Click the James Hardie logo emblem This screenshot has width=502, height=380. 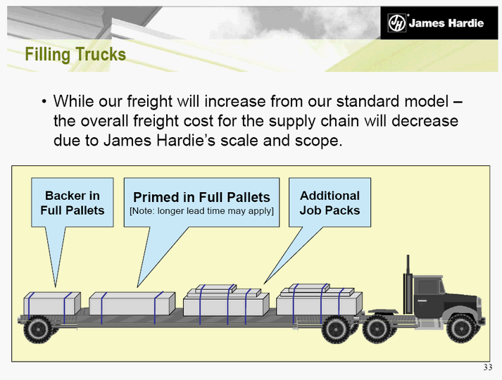pyautogui.click(x=396, y=23)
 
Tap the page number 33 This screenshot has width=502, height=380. pyautogui.click(x=488, y=367)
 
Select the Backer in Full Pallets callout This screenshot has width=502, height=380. pyautogui.click(x=73, y=203)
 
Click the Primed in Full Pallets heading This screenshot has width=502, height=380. pyautogui.click(x=201, y=197)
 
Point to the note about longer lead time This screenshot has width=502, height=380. pyautogui.click(x=201, y=211)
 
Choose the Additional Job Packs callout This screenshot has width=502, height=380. pyautogui.click(x=330, y=203)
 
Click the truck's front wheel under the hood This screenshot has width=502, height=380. pyautogui.click(x=462, y=329)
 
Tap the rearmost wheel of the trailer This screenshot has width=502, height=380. pyautogui.click(x=38, y=330)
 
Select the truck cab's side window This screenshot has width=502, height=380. pyautogui.click(x=428, y=287)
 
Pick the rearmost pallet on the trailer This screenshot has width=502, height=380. pyautogui.click(x=52, y=303)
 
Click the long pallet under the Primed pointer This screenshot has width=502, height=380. pyautogui.click(x=132, y=303)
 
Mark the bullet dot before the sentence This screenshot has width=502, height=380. pyautogui.click(x=44, y=102)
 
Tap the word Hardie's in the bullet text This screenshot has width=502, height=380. pyautogui.click(x=186, y=140)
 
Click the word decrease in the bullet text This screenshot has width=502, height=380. pyautogui.click(x=425, y=121)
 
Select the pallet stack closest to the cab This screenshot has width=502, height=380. pyautogui.click(x=320, y=300)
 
